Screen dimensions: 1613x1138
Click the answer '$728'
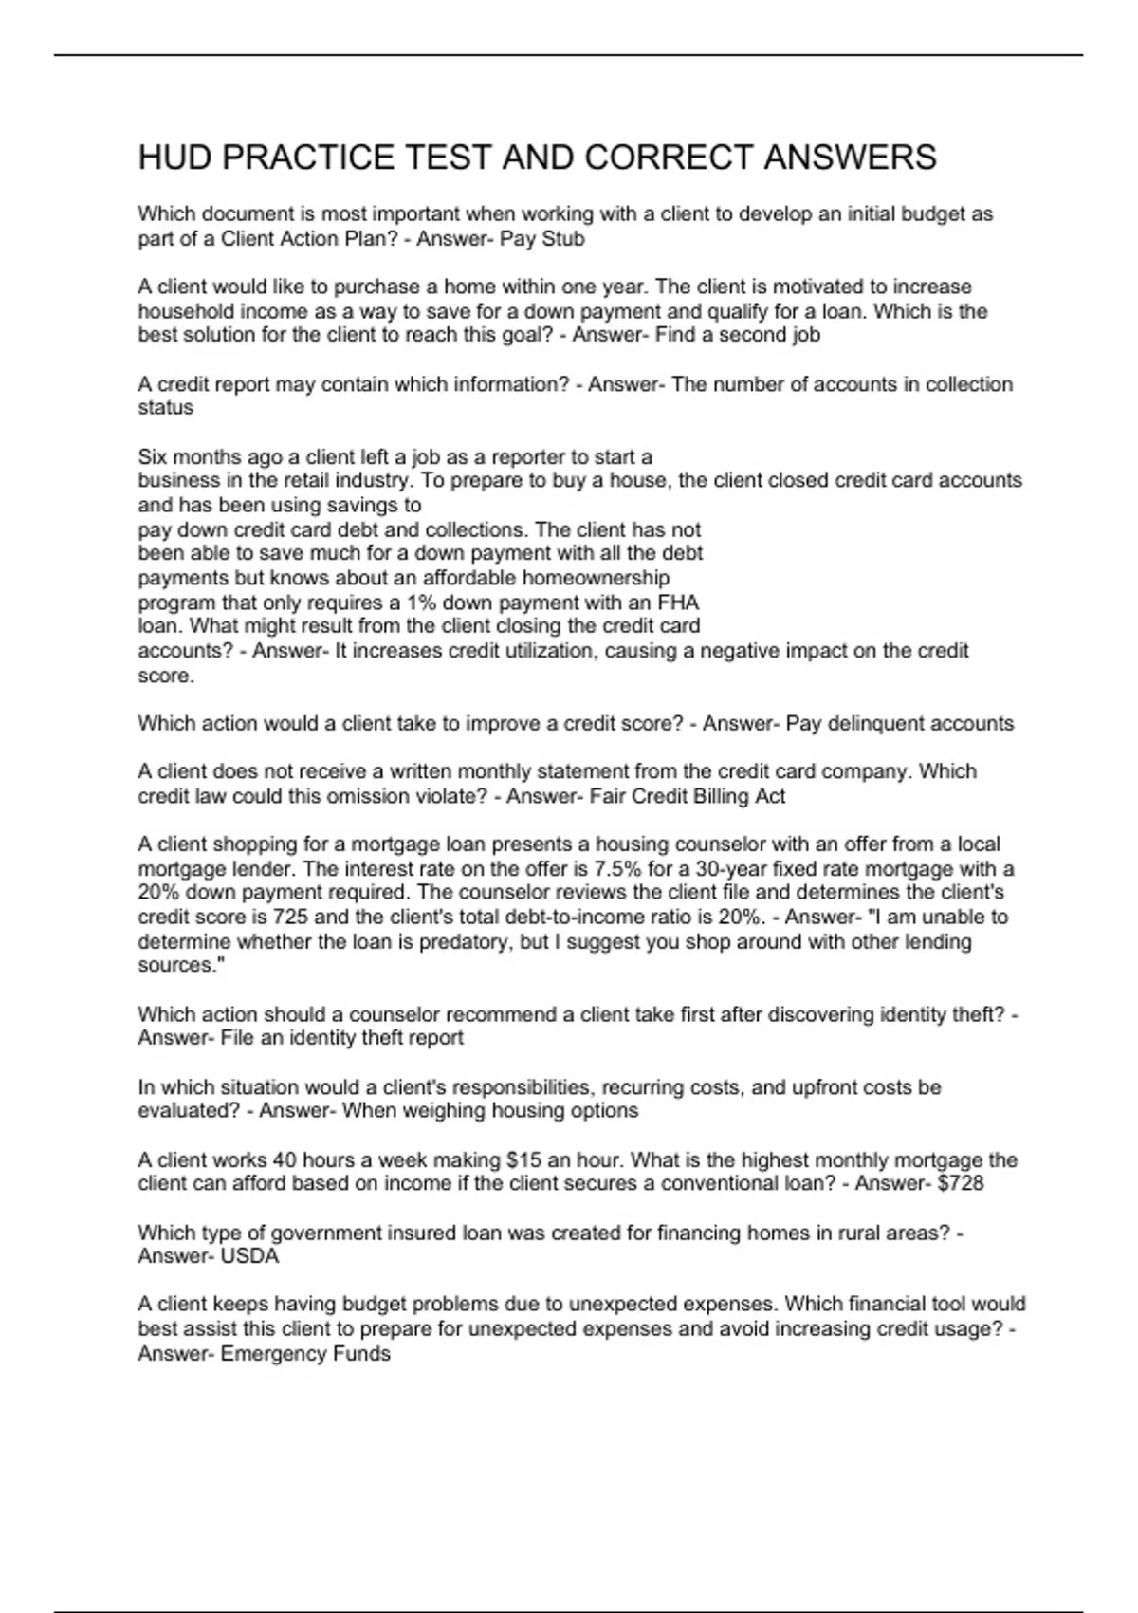click(959, 1184)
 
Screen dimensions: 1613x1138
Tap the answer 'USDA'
click(249, 1257)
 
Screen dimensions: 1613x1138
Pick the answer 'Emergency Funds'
click(305, 1354)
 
